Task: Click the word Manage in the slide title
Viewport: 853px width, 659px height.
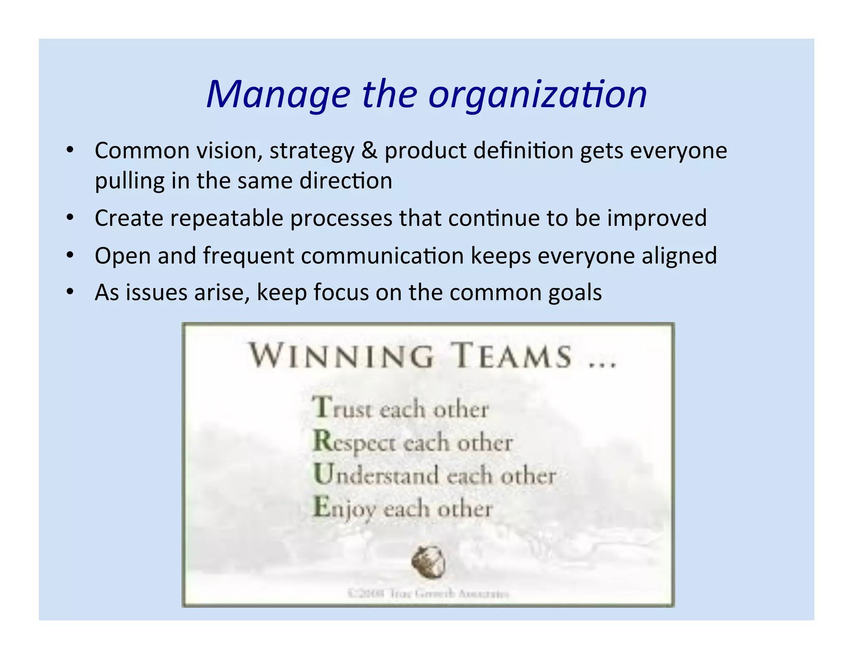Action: tap(278, 95)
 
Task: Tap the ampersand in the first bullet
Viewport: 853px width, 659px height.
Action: tap(369, 150)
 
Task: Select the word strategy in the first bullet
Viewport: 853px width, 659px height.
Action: tap(312, 151)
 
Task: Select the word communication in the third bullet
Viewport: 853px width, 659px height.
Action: tap(382, 255)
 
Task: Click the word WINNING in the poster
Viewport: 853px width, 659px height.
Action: tap(342, 357)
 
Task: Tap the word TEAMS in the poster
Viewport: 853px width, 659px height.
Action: tap(512, 357)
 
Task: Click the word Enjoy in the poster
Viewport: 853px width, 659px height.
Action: tap(345, 509)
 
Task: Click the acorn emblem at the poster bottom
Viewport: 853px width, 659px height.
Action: tap(429, 562)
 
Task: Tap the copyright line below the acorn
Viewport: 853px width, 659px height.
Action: tap(428, 593)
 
